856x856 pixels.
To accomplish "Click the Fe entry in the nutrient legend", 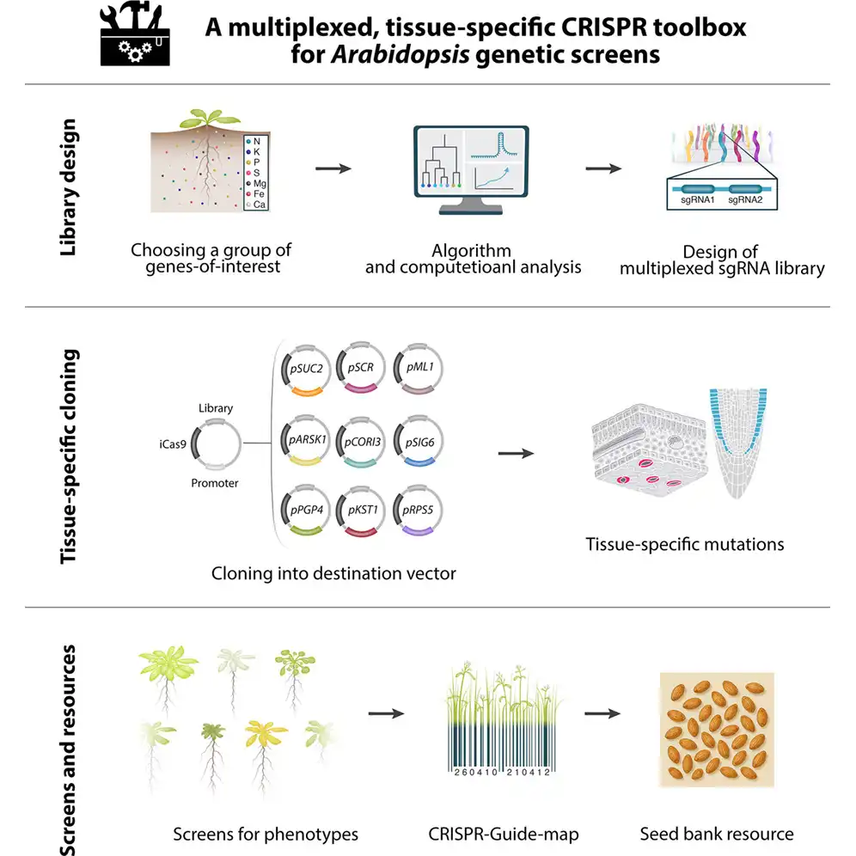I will (258, 194).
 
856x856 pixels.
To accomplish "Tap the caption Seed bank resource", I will (717, 833).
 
